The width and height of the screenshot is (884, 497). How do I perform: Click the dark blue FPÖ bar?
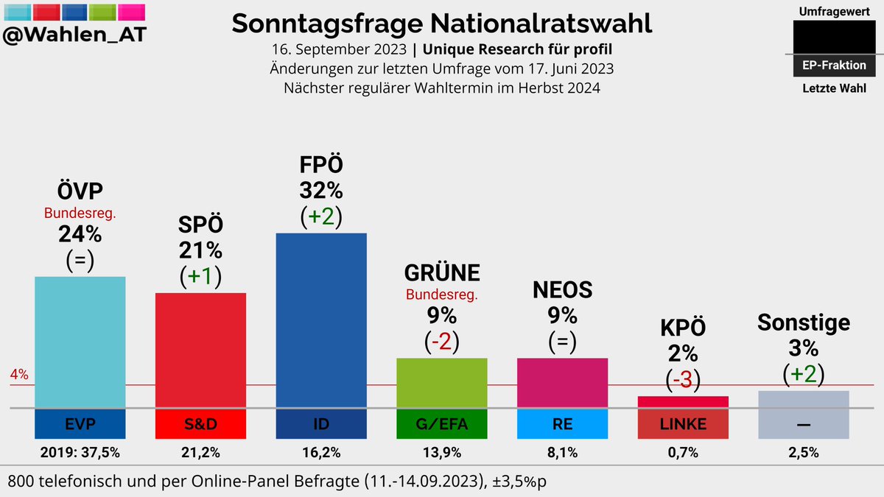click(x=321, y=320)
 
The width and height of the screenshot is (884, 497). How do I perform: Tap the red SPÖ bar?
click(x=200, y=350)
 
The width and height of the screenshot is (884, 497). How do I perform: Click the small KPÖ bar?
click(x=683, y=401)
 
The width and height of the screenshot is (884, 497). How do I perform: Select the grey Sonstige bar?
click(x=804, y=398)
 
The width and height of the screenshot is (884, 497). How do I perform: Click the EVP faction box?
click(x=80, y=424)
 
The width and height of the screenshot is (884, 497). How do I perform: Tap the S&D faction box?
click(x=200, y=424)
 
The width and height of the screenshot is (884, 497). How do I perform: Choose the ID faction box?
click(x=321, y=424)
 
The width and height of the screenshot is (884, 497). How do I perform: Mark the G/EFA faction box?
click(x=442, y=424)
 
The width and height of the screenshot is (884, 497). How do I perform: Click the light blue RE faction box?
click(x=562, y=424)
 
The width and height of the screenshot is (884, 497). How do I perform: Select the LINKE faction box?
click(x=683, y=424)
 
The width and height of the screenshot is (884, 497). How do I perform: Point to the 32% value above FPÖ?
click(x=321, y=191)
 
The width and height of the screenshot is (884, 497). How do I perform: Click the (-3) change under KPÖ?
click(x=683, y=379)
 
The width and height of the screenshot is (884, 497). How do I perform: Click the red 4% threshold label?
click(x=19, y=375)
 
